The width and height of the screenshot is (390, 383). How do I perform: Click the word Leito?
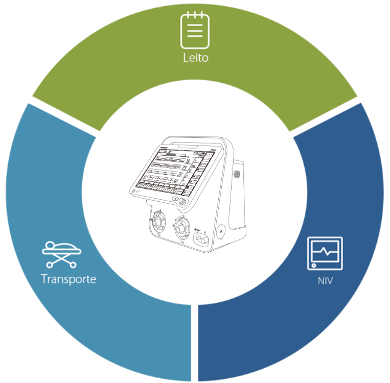(196, 58)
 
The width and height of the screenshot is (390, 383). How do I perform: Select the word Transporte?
(68, 279)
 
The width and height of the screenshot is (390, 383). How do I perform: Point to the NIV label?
(325, 280)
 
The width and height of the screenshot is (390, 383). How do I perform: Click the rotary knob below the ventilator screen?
(182, 203)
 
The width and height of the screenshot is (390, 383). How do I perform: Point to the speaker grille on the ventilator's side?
(236, 174)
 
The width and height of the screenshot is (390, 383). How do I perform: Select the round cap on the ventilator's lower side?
(221, 231)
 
